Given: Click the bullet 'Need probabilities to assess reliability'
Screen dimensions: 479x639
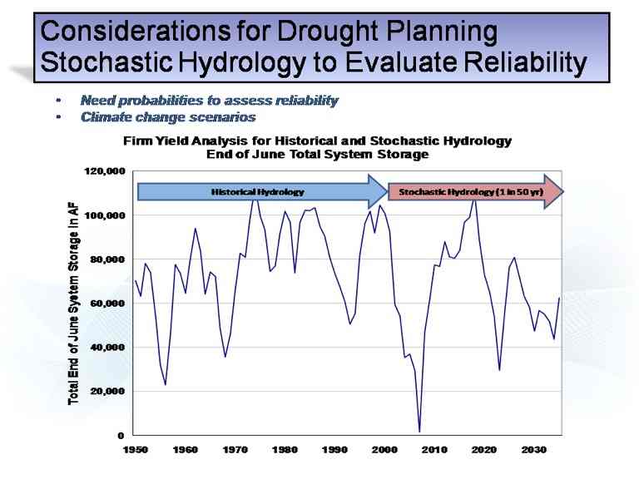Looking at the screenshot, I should click(x=209, y=101).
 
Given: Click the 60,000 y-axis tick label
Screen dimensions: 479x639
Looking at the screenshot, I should click(x=108, y=304).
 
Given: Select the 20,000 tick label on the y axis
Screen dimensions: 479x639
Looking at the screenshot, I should click(x=108, y=392).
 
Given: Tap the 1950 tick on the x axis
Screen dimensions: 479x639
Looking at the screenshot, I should click(x=136, y=450).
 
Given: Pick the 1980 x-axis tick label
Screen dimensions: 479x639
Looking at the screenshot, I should click(x=285, y=450).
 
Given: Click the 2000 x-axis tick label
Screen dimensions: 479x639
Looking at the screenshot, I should click(x=384, y=450).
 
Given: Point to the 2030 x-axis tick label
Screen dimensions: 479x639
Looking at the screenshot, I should click(x=534, y=450).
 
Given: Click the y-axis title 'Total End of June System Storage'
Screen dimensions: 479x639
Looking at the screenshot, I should click(x=74, y=308).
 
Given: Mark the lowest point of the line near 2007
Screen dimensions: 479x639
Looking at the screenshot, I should click(x=420, y=432).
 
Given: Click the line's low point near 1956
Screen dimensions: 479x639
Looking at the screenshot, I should click(x=166, y=384).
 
